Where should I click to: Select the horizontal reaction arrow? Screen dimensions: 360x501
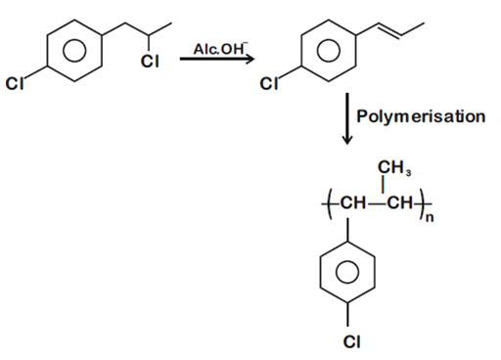click(x=216, y=61)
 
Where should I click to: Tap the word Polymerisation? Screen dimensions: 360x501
click(x=420, y=116)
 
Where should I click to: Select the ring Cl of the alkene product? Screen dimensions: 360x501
click(x=266, y=85)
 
